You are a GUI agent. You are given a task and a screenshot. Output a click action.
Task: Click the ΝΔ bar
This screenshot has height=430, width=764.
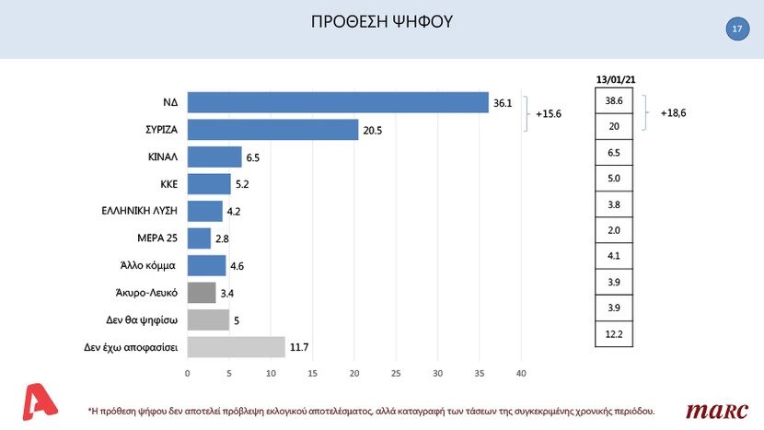pos(337,102)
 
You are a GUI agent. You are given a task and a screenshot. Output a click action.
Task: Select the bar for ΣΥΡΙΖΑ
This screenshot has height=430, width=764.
pos(272,130)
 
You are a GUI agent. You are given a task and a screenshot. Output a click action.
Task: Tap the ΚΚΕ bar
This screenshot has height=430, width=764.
pos(209,184)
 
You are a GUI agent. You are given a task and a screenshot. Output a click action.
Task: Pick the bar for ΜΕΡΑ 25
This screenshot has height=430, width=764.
pos(199,238)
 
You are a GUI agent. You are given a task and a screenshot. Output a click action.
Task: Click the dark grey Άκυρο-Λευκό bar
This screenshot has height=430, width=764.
pos(202,293)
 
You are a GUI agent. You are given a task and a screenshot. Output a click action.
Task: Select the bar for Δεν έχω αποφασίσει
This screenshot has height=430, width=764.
pos(236,347)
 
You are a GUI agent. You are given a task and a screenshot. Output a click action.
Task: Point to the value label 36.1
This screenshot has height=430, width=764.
pos(503,103)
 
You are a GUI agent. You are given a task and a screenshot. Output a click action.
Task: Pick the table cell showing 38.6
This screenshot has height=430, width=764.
pos(614,99)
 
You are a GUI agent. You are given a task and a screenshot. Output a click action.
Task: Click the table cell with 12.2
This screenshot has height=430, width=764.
pos(614,334)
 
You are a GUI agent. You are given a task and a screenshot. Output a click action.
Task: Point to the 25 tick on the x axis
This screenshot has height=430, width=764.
pos(396,373)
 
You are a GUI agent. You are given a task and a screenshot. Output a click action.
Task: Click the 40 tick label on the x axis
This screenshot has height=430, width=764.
pos(521,373)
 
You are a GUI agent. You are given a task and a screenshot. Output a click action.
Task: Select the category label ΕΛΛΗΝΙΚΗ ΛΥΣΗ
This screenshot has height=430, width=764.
pos(139,211)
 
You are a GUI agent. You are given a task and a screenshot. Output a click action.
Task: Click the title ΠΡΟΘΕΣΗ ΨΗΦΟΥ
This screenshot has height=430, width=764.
pos(382,22)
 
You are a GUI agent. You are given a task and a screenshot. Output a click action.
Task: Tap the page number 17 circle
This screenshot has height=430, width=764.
pos(736,30)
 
